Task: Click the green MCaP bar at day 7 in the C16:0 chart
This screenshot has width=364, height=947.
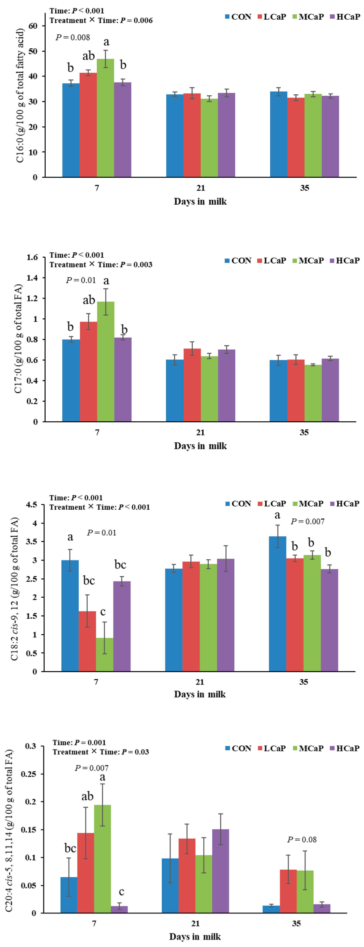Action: tap(105, 118)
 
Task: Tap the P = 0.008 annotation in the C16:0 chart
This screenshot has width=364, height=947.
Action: tap(73, 37)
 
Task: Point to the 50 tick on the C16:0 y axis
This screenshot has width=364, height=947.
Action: tap(33, 51)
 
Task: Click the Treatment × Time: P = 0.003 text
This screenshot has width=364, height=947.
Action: tap(101, 265)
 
